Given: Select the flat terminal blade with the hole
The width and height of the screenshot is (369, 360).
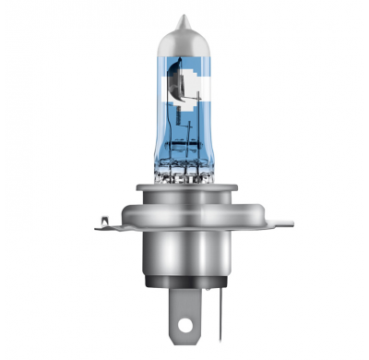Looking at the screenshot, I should pyautogui.click(x=177, y=318).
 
